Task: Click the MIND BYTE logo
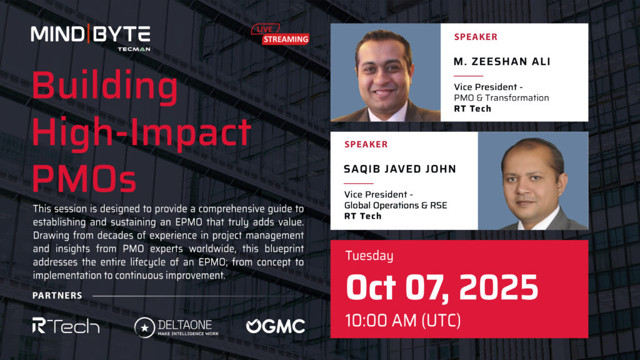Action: click(x=91, y=37)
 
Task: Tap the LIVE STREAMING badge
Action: click(x=280, y=34)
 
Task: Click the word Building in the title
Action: click(x=104, y=86)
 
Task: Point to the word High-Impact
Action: click(x=141, y=132)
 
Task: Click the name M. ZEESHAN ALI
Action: click(x=502, y=62)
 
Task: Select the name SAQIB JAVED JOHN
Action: click(x=399, y=169)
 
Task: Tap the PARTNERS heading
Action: click(x=57, y=296)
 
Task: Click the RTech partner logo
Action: click(x=66, y=326)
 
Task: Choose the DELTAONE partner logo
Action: click(x=176, y=327)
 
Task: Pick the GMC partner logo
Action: click(x=276, y=326)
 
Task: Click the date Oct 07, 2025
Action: click(x=442, y=287)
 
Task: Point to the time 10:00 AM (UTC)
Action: click(x=403, y=321)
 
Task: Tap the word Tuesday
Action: click(x=369, y=256)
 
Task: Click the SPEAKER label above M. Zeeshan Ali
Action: click(x=476, y=37)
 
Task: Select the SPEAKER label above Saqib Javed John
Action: click(x=366, y=144)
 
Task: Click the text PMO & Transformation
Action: click(x=501, y=98)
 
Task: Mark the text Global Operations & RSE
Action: click(x=396, y=205)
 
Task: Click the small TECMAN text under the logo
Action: click(x=134, y=49)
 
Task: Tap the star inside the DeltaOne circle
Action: click(x=144, y=327)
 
